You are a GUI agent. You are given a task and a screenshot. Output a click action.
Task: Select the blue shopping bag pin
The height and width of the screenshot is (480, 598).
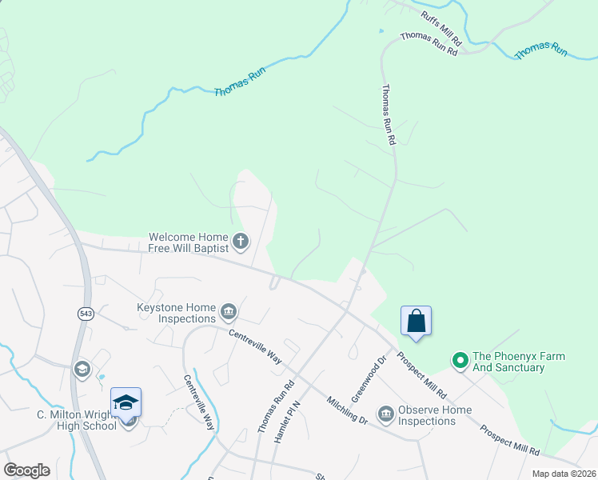[x=416, y=321]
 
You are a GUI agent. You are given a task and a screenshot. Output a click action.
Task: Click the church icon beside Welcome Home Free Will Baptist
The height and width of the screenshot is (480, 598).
[x=241, y=240]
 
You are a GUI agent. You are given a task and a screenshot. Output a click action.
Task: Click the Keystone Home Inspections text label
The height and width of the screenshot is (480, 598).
[x=177, y=313]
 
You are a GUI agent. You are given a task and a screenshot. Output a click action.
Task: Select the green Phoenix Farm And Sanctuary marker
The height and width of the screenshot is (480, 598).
[x=460, y=362]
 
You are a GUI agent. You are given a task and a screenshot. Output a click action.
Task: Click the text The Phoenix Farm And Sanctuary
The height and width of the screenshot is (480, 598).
[x=519, y=362]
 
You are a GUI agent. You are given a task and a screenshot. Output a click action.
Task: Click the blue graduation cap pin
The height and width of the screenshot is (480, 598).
[x=126, y=402]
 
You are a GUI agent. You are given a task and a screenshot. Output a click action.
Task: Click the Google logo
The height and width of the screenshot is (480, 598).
[x=26, y=470]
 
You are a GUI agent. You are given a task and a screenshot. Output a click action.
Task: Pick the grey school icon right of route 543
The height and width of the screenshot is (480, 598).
[x=82, y=369]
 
